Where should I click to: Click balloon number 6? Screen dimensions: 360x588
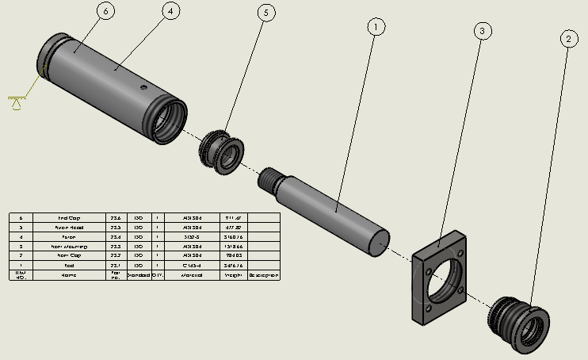[105, 11]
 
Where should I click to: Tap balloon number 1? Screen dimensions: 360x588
[376, 26]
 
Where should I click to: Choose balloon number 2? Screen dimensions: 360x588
[567, 37]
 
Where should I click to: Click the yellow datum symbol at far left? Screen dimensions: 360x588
[16, 101]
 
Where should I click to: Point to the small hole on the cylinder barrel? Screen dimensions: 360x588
[143, 87]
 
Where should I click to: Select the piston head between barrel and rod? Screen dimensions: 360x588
[222, 149]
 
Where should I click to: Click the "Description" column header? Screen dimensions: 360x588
[264, 275]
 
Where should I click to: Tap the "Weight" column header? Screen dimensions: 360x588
[232, 275]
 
